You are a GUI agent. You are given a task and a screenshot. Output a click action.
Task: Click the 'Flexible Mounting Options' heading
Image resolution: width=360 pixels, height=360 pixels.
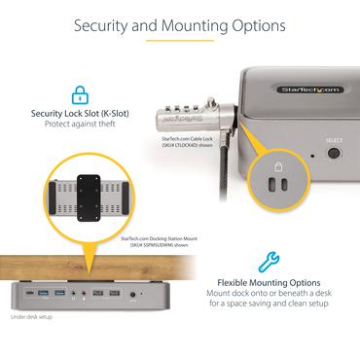click(265, 284)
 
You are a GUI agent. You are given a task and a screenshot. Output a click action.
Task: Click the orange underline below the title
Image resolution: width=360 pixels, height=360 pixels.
click(180, 43)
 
